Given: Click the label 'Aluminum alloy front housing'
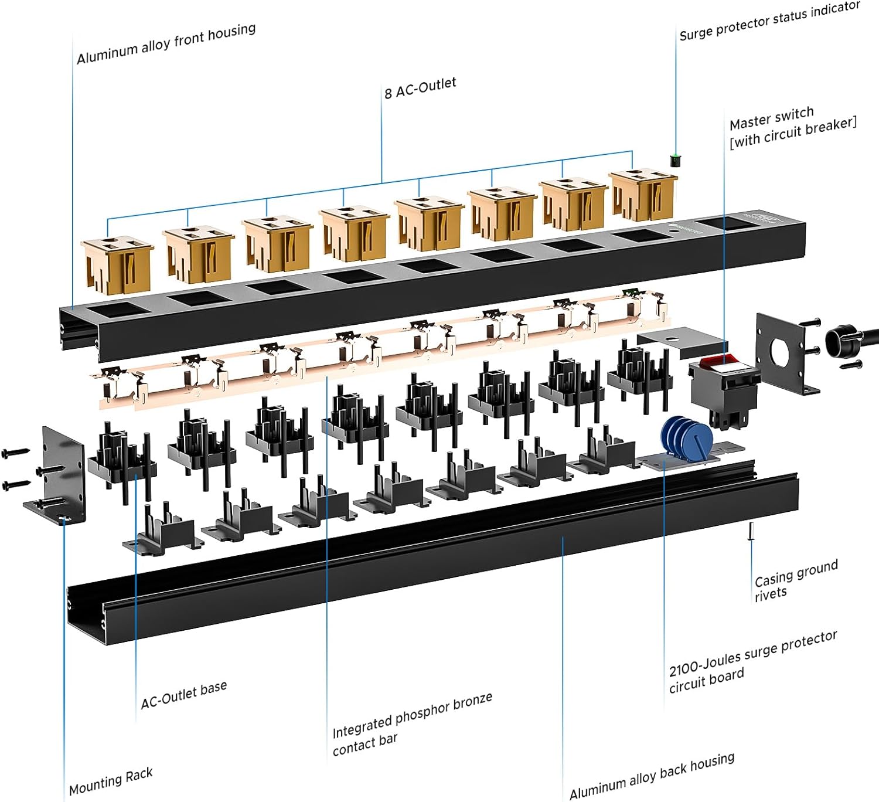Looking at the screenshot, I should coord(166,44).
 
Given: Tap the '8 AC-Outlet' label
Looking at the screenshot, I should coord(420,89).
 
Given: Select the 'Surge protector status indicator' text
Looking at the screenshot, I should coord(769,21).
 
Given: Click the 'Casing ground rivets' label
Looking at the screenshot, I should coord(795,580).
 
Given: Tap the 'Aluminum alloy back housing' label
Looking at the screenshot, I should coord(652,776).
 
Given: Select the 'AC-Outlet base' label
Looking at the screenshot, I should coord(183,695).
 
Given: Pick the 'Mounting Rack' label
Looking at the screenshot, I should coord(111,781).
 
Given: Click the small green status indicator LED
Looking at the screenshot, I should coord(674,159).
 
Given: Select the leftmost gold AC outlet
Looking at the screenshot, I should coord(117,264).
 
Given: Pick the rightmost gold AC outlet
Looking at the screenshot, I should coord(642,194).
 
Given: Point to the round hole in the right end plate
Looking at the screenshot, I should coord(779,352).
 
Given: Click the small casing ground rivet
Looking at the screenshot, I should coord(751,531).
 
